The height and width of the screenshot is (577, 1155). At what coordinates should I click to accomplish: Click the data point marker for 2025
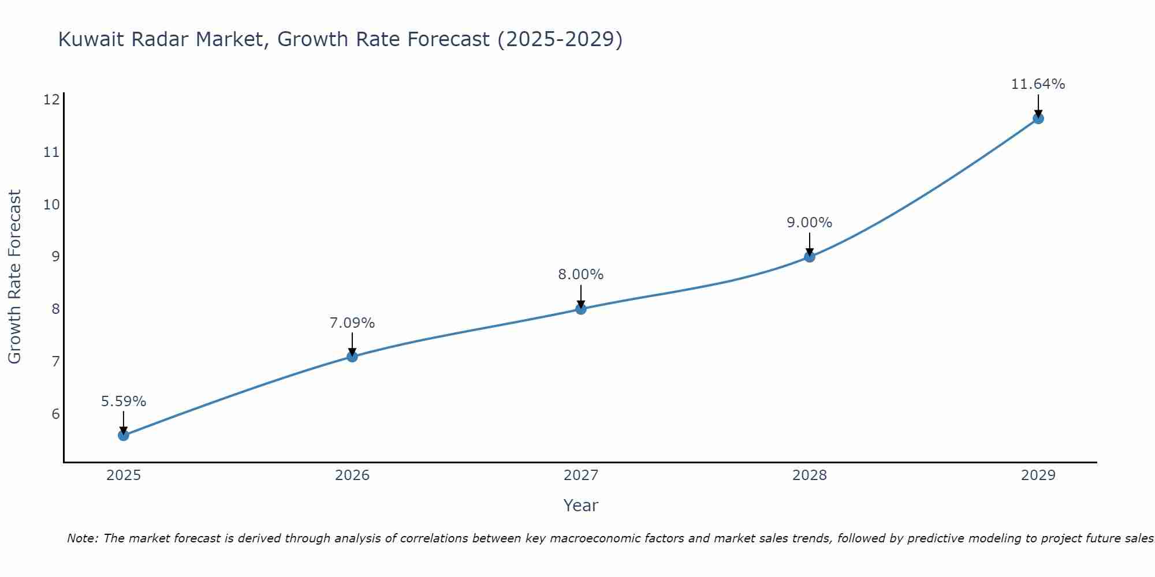(124, 435)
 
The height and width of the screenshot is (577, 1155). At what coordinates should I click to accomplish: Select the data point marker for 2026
(352, 357)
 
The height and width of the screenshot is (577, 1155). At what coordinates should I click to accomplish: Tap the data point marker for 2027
(581, 309)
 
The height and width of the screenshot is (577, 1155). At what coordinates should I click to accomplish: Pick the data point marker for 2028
(810, 257)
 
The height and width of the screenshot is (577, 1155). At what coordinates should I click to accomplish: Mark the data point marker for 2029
(1038, 119)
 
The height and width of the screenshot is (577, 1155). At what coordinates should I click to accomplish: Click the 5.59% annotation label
(124, 402)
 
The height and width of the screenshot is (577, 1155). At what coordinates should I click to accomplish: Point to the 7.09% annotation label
(352, 323)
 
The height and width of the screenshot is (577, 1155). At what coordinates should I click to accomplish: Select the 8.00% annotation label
(581, 275)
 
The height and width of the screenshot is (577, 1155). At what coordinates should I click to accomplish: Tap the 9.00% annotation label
(810, 223)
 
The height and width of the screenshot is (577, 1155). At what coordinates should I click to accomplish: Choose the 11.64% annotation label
(1038, 84)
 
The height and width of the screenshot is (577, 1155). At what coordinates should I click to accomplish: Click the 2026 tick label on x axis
(352, 475)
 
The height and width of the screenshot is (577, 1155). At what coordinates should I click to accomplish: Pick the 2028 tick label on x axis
(810, 475)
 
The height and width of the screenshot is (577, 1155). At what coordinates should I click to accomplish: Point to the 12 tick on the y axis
(51, 100)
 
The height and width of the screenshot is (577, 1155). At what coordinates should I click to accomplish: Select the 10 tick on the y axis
(51, 204)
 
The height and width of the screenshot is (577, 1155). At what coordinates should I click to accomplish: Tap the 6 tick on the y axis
(55, 414)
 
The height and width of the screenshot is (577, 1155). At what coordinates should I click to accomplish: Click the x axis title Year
(581, 505)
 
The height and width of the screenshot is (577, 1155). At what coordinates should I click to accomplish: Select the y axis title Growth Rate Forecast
(14, 277)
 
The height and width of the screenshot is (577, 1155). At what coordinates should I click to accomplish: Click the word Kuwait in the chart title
(92, 39)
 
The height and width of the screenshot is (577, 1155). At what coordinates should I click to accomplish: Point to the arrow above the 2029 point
(1038, 105)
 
